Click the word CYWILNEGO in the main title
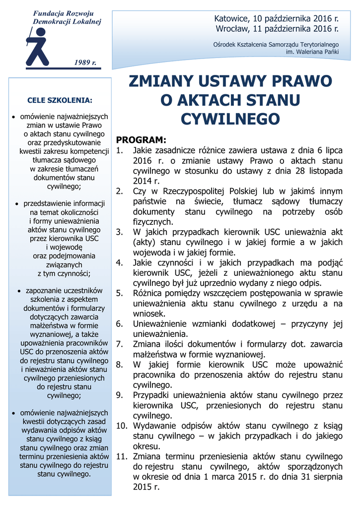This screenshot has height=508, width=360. tap(230, 119)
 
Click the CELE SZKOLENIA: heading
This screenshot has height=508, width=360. tap(60, 100)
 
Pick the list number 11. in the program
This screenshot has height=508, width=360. tap(122, 456)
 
